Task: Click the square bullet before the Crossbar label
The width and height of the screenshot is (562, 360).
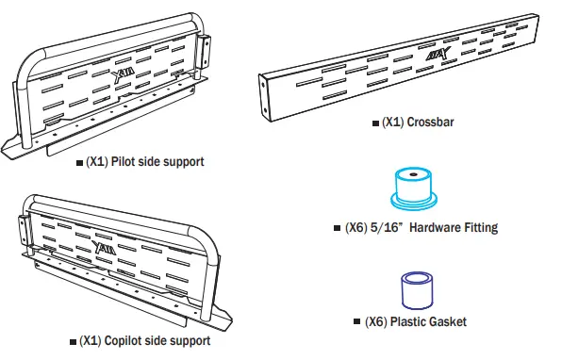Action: [377, 123]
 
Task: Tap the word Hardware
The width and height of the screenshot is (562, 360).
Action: [433, 227]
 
